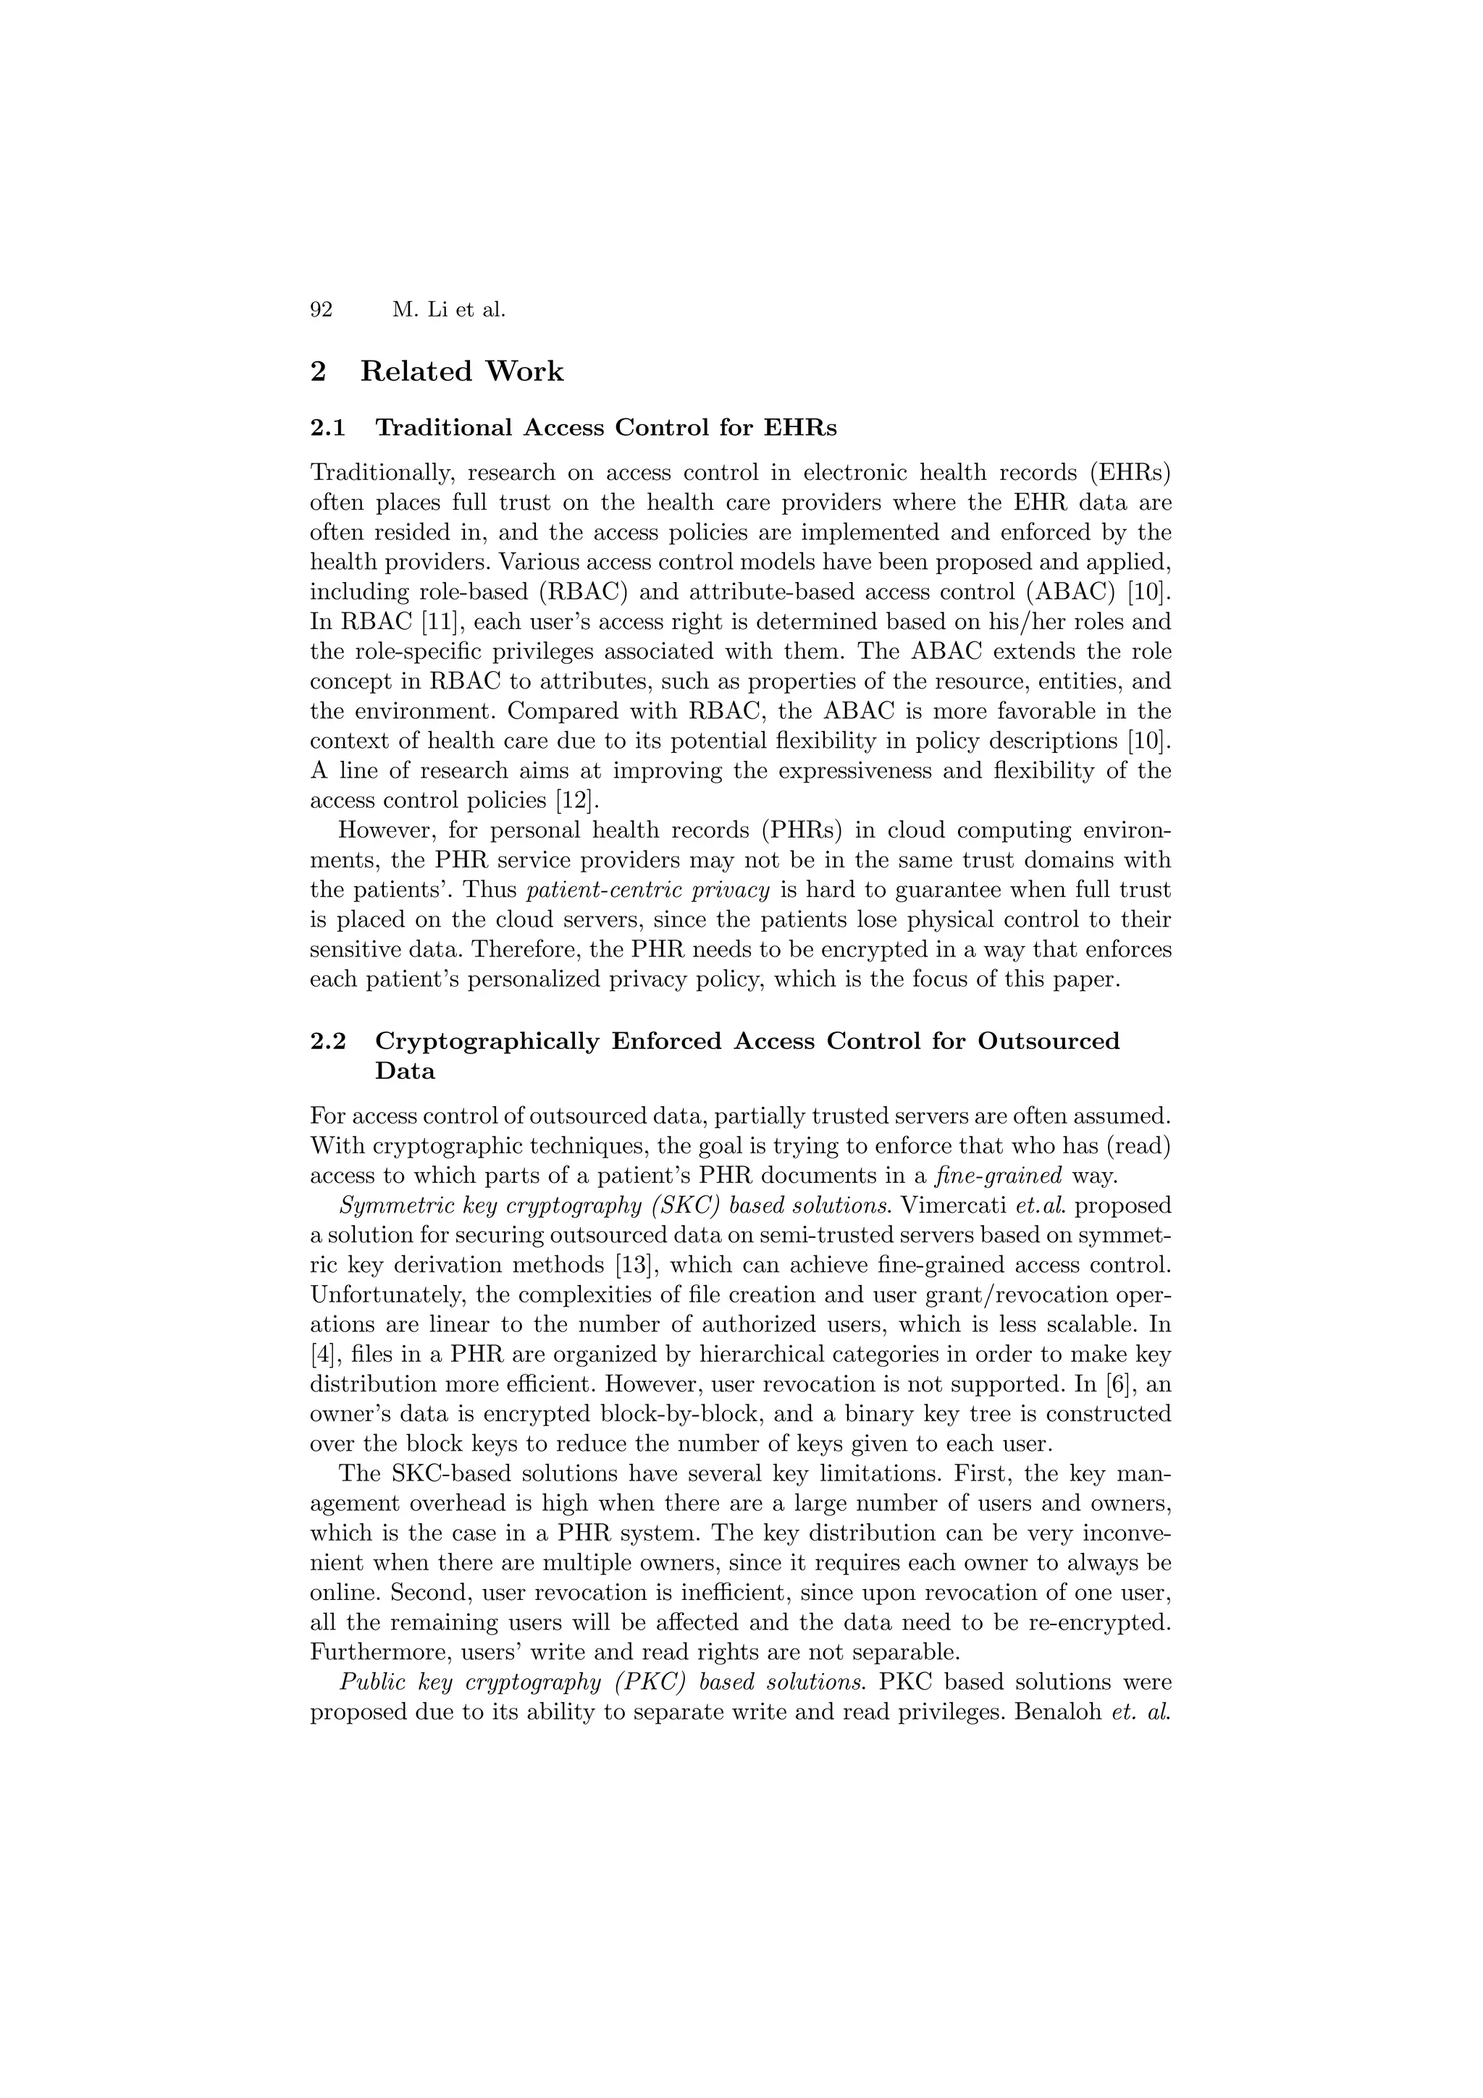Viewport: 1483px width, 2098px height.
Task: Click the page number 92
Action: (x=321, y=310)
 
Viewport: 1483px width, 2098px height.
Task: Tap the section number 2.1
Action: (x=328, y=428)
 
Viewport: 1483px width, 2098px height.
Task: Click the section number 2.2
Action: (x=328, y=1041)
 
